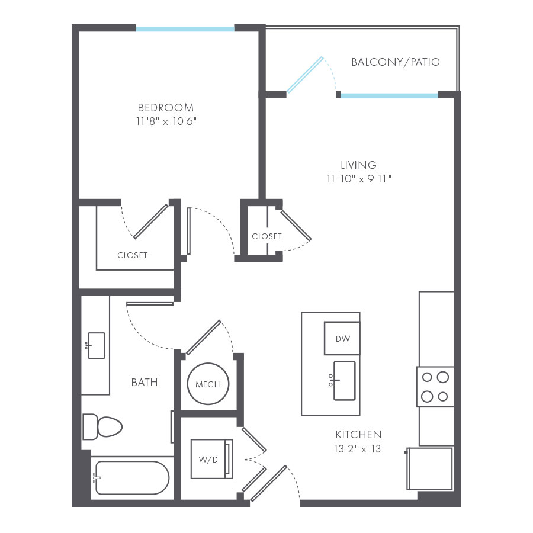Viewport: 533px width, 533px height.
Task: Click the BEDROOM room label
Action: tap(165, 107)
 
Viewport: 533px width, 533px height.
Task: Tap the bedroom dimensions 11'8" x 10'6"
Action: tap(165, 121)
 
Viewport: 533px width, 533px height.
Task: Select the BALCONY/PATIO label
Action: tap(395, 62)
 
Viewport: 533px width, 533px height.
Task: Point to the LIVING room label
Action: tap(358, 165)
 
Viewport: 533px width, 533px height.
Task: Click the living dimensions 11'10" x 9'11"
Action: tap(358, 178)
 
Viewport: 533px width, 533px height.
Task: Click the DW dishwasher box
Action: tap(342, 339)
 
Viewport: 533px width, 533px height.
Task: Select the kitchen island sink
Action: tap(343, 380)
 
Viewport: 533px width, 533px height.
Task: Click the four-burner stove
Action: tap(435, 387)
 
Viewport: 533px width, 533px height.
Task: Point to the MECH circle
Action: tap(207, 384)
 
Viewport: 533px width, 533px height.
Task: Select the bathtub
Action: tap(131, 477)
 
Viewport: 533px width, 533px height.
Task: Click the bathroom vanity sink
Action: tap(95, 345)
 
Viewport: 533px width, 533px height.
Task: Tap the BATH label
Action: tap(145, 383)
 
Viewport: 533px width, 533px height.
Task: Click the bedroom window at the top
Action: tap(185, 28)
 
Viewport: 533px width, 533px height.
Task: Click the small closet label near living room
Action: tap(266, 236)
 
